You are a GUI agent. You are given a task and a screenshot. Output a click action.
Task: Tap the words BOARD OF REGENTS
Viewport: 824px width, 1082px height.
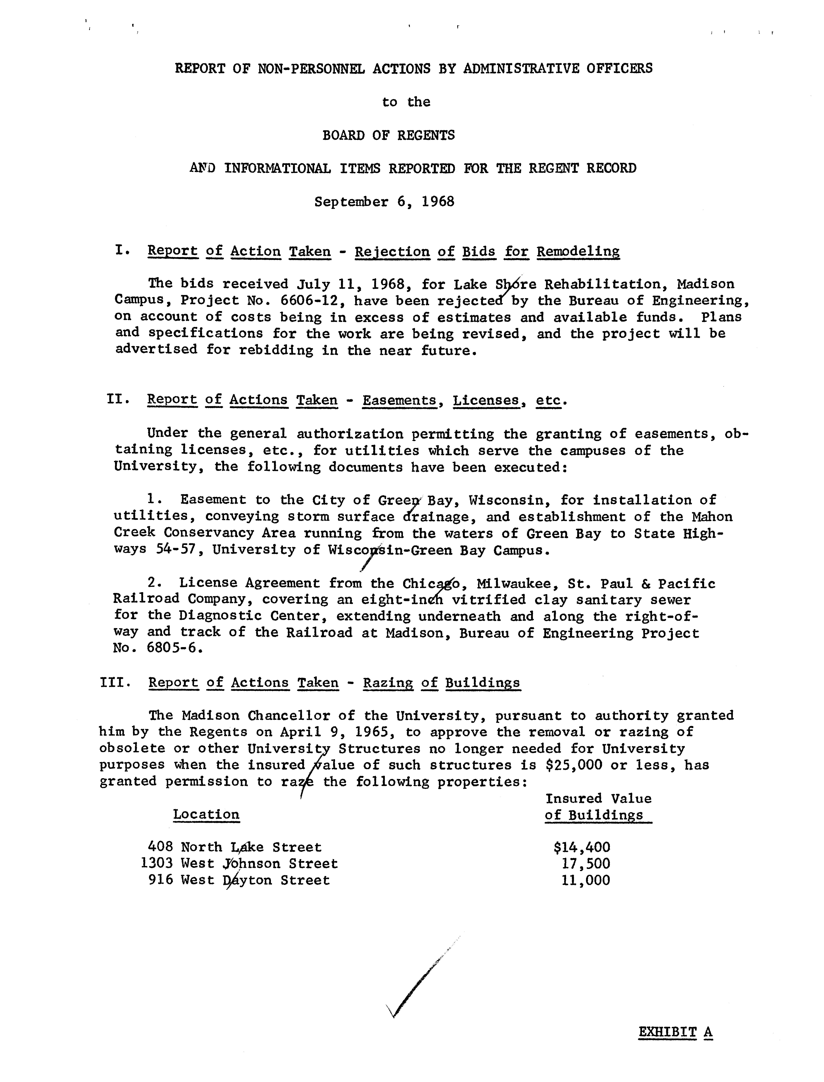pyautogui.click(x=388, y=135)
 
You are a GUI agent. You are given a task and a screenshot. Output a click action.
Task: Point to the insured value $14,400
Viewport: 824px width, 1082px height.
pyautogui.click(x=582, y=847)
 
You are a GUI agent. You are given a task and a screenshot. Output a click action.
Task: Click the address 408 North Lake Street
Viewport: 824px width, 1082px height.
pyautogui.click(x=234, y=847)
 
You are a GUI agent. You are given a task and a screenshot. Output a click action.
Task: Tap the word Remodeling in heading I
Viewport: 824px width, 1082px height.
pyautogui.click(x=578, y=251)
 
